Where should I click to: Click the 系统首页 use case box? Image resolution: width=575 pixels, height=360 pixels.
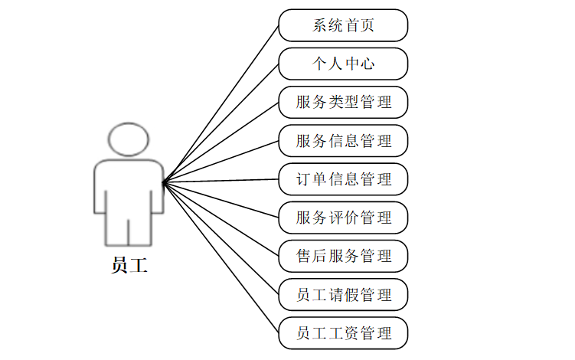(x=343, y=25)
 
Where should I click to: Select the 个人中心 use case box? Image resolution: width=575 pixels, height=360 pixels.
(x=343, y=64)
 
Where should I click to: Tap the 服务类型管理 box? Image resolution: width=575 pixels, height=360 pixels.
(x=343, y=102)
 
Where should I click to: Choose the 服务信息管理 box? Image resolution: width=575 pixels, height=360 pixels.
(x=343, y=140)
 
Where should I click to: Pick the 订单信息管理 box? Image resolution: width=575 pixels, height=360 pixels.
(x=343, y=179)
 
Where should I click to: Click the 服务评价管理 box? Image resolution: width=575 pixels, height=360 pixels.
(x=343, y=218)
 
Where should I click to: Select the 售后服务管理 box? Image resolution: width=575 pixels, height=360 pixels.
(x=343, y=256)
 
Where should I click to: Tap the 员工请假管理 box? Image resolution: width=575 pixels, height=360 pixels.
(x=343, y=295)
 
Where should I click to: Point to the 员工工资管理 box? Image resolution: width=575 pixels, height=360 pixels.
(x=343, y=333)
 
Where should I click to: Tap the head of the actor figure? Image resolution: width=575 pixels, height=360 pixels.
(x=129, y=139)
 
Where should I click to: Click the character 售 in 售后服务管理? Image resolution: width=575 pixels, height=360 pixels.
(x=304, y=256)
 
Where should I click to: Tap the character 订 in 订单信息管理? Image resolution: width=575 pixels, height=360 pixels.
(x=304, y=179)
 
